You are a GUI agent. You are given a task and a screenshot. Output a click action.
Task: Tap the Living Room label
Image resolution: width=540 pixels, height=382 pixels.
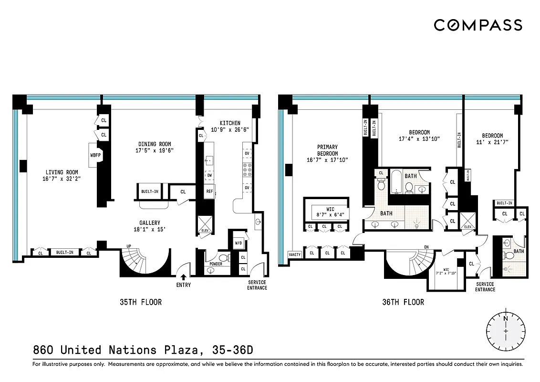(x=62, y=172)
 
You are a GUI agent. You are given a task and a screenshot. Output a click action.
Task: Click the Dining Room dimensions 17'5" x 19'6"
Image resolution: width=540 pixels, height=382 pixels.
(x=155, y=150)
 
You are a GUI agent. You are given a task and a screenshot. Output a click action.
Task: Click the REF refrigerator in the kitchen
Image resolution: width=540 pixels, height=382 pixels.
(x=209, y=191)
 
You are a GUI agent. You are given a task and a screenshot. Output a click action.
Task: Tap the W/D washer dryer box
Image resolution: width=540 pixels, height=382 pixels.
(x=238, y=243)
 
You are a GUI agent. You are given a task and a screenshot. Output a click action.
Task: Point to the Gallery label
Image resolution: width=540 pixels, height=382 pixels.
(x=149, y=223)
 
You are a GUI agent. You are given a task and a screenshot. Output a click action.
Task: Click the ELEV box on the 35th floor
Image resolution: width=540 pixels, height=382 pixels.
(x=205, y=224)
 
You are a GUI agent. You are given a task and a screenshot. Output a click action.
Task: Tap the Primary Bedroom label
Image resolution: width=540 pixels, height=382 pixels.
(x=327, y=150)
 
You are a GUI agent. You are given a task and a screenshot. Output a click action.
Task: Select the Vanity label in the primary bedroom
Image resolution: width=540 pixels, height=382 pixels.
(x=295, y=255)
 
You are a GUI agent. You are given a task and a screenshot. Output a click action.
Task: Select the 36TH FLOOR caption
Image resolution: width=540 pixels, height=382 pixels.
(x=403, y=302)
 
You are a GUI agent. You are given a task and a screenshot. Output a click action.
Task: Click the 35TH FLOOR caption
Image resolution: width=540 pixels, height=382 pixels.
(x=140, y=302)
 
